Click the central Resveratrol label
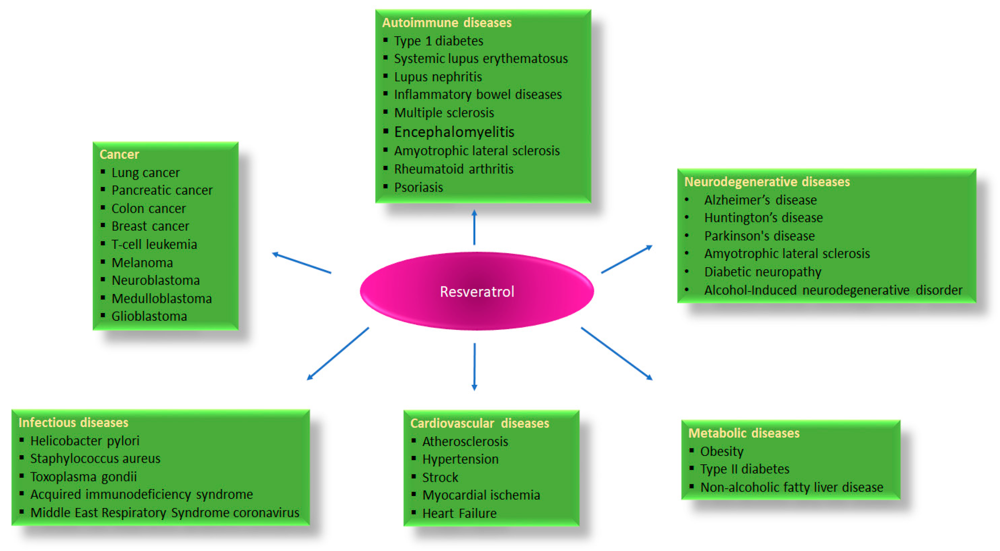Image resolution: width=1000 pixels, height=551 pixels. click(x=477, y=292)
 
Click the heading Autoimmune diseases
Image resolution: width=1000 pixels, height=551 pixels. click(x=447, y=23)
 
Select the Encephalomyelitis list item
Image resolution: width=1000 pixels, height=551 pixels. click(x=454, y=132)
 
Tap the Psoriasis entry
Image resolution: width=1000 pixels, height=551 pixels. click(x=418, y=187)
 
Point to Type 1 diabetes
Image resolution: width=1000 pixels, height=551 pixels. click(x=438, y=41)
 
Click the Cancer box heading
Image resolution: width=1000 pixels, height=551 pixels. click(x=119, y=154)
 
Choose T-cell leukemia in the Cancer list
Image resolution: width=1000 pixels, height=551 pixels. click(x=154, y=244)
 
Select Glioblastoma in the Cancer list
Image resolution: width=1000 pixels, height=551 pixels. click(x=149, y=316)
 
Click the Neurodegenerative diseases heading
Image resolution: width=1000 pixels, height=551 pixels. click(x=767, y=181)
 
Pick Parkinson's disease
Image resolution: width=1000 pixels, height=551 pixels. click(x=759, y=236)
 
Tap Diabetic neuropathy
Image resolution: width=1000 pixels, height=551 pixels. click(x=762, y=272)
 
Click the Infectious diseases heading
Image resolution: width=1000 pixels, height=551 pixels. click(x=73, y=422)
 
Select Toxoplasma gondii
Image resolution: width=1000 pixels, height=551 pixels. click(x=84, y=477)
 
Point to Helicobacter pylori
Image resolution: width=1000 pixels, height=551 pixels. click(x=85, y=441)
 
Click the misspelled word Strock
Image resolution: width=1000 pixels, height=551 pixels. click(x=440, y=477)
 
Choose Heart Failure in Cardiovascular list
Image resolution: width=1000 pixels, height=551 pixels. click(x=459, y=513)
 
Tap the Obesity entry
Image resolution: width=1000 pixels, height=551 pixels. click(x=721, y=452)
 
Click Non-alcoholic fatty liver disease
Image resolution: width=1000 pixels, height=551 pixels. click(x=791, y=487)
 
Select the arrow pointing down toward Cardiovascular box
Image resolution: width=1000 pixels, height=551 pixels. click(x=474, y=367)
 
